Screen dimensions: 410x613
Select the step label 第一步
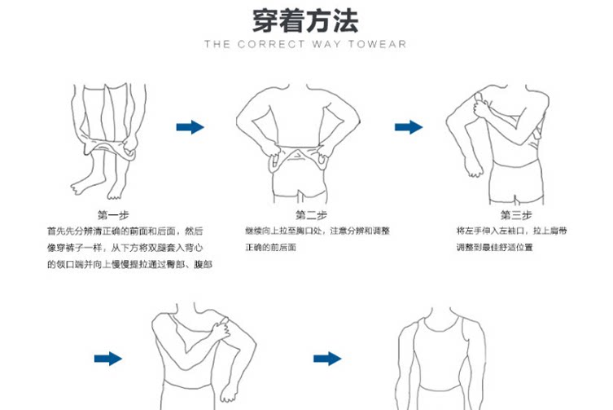pyautogui.click(x=113, y=215)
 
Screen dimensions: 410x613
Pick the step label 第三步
pyautogui.click(x=516, y=215)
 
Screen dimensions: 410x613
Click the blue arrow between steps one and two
pyautogui.click(x=190, y=126)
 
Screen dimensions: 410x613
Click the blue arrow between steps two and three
pyautogui.click(x=409, y=126)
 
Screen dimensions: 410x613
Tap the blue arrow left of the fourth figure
pyautogui.click(x=107, y=359)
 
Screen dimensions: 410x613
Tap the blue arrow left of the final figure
pyautogui.click(x=327, y=359)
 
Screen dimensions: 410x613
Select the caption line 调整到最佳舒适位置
pyautogui.click(x=495, y=247)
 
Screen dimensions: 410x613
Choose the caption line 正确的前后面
pyautogui.click(x=270, y=247)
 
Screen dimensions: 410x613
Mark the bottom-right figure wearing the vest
pyautogui.click(x=437, y=363)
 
